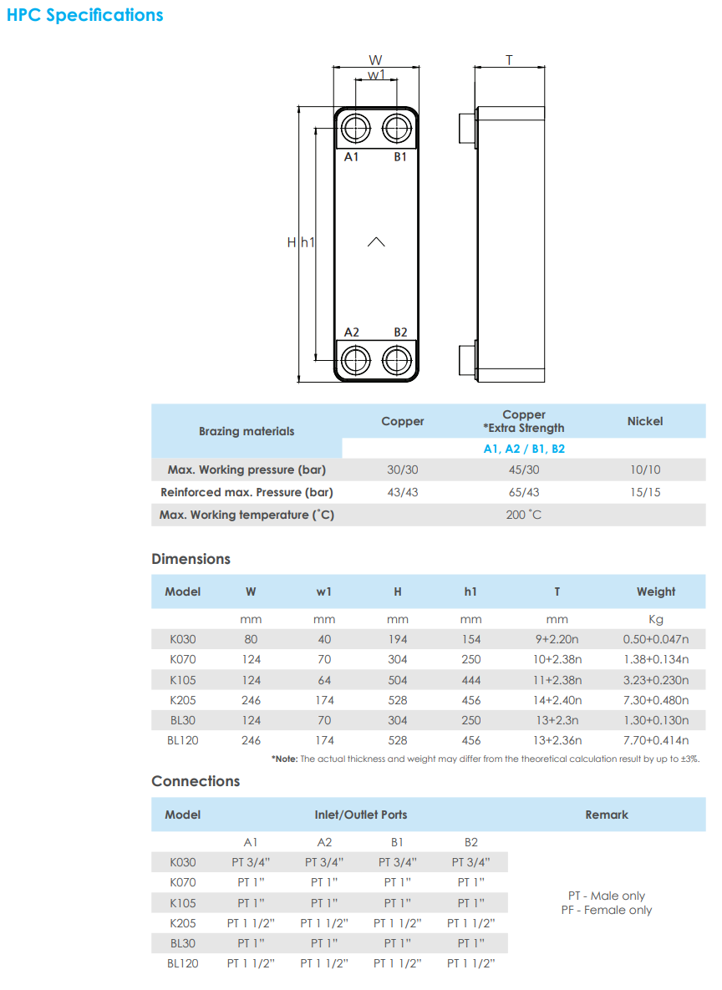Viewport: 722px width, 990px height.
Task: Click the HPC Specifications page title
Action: coord(85,15)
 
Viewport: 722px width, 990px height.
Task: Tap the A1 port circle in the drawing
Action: coord(356,129)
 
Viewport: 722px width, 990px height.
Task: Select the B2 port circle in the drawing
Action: coord(396,361)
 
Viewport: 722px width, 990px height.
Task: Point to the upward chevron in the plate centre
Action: coord(376,242)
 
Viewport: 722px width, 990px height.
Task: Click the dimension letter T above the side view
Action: coord(509,60)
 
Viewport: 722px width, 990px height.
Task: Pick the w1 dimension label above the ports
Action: coord(376,74)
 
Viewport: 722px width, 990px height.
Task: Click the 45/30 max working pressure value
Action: coord(524,470)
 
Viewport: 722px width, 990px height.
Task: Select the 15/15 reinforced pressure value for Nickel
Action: coord(645,493)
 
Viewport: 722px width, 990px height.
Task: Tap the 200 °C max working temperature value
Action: coord(524,515)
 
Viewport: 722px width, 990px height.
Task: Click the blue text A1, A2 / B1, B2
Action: coord(524,449)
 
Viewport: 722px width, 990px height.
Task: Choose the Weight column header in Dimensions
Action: coord(656,591)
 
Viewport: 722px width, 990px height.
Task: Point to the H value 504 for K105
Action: coord(398,680)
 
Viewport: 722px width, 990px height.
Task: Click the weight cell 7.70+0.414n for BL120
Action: coord(656,740)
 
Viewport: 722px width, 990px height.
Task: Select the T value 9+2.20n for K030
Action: coord(557,640)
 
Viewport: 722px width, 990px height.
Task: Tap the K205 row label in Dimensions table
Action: coord(183,700)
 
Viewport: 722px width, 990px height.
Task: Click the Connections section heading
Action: coord(196,781)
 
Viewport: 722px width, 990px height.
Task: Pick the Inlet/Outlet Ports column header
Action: coord(361,815)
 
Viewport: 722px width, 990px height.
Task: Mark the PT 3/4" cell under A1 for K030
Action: coord(251,862)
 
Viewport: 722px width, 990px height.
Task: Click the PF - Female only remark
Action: coord(607,911)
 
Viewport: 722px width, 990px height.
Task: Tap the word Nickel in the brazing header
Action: coord(645,422)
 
